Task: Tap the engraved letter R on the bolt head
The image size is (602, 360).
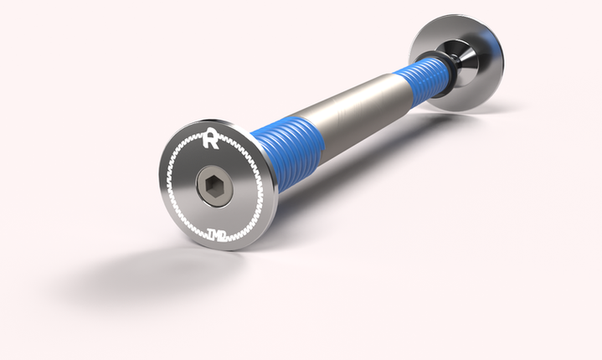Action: pos(210,139)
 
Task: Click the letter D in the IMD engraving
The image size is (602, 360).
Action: pos(224,236)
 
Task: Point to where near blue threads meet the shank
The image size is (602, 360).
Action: pos(323,134)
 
